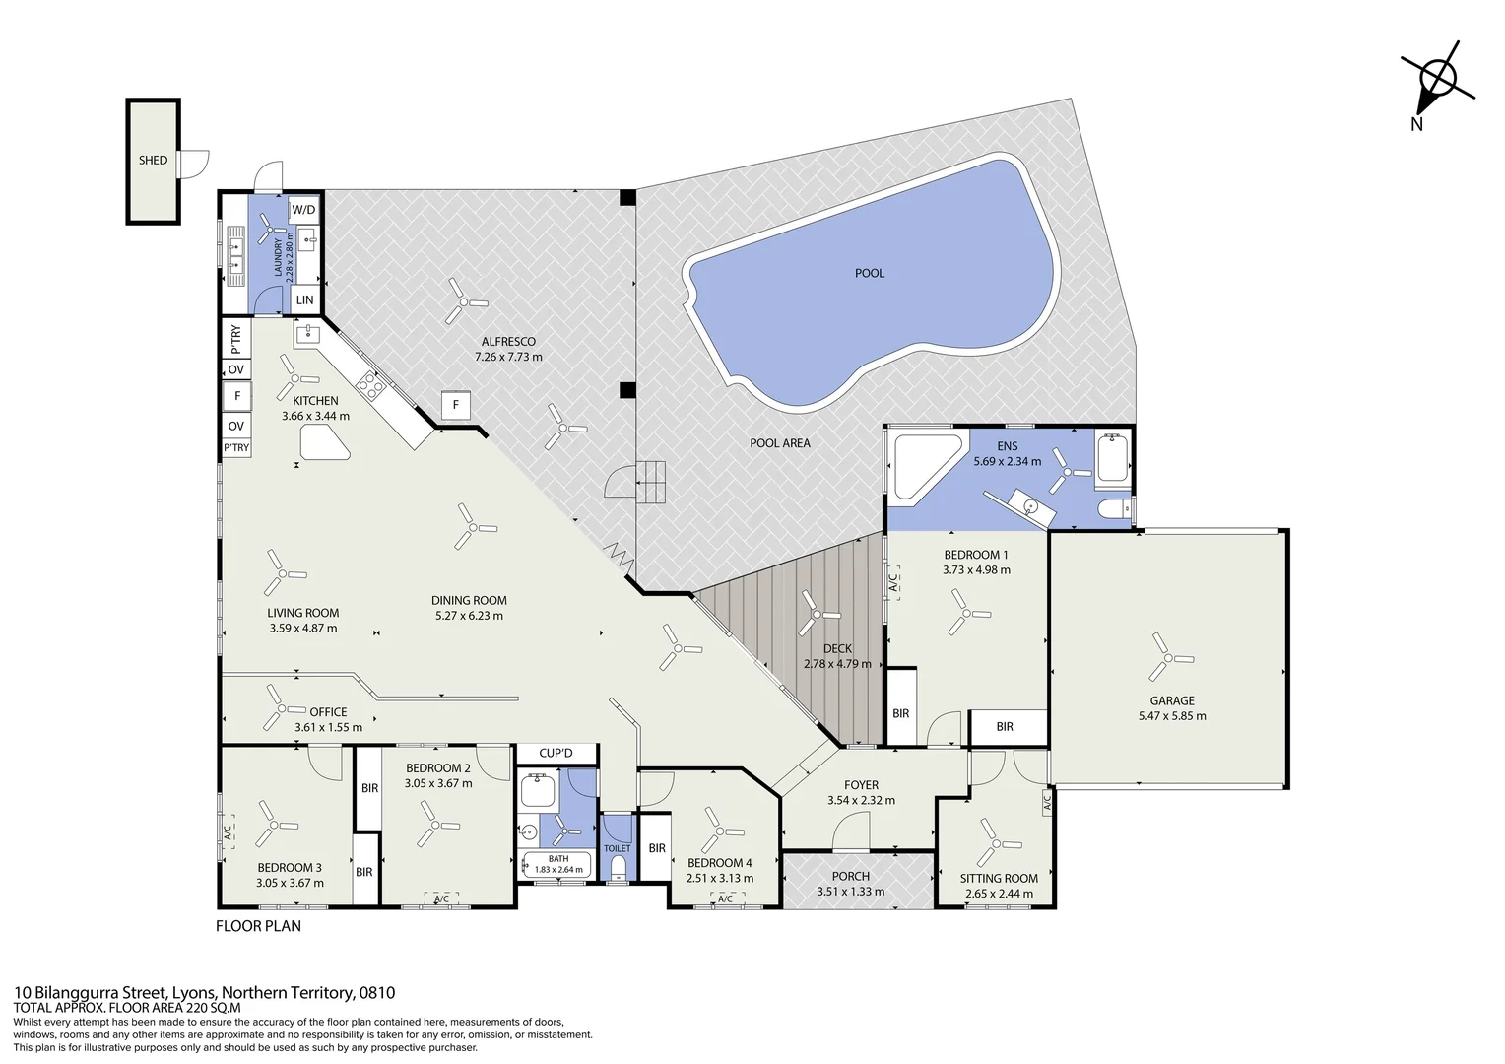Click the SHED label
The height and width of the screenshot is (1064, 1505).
pos(154,160)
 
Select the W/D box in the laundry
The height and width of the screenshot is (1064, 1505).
pos(303,210)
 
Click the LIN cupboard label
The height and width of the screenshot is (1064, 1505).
pos(305,299)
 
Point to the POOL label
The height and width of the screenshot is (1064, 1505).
pos(870,273)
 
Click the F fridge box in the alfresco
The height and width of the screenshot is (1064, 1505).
pos(456,405)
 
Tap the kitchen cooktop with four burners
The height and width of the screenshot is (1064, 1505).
pos(370,384)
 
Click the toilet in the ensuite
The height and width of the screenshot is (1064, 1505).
pos(1114,510)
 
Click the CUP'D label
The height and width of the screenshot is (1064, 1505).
pos(556,753)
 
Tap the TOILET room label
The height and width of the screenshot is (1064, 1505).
pos(618,848)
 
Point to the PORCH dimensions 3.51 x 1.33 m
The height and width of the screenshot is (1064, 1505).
pos(851,892)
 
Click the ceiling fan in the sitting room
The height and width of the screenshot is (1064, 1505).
pos(996,843)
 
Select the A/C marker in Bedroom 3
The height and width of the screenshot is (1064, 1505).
pos(228,832)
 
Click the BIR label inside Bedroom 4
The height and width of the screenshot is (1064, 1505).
pos(657,848)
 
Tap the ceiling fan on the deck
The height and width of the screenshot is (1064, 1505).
pos(817,614)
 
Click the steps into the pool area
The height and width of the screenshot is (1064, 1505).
pos(651,483)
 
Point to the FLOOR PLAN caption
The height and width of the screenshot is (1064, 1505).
pos(259,925)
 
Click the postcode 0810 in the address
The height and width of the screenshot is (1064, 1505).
pos(377,992)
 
